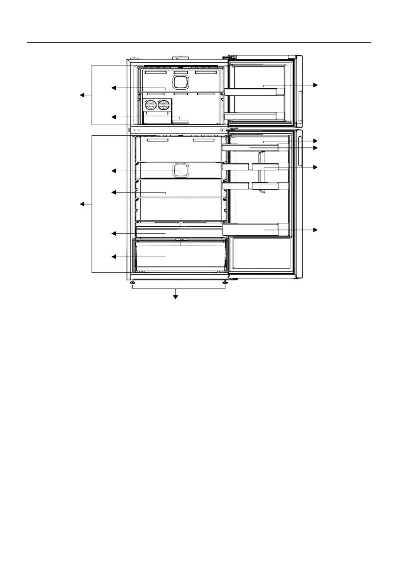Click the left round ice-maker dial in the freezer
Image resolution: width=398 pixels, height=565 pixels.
[x=152, y=105]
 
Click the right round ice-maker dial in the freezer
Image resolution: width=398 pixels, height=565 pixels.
[x=164, y=105]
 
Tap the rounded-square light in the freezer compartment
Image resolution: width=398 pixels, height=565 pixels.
[x=180, y=82]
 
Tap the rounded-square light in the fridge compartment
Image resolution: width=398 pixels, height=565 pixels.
[x=180, y=170]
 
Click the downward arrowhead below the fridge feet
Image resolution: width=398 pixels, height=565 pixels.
[x=176, y=297]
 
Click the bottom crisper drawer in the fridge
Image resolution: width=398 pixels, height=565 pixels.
[x=180, y=256]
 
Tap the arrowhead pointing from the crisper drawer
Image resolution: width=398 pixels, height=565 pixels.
[x=113, y=257]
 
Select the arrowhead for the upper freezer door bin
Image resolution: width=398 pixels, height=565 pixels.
[x=315, y=85]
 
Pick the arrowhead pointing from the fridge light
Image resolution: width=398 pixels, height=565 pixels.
[x=113, y=171]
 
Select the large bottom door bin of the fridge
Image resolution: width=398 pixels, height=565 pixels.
[x=256, y=230]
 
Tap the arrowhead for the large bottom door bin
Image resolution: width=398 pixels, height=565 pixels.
[x=315, y=230]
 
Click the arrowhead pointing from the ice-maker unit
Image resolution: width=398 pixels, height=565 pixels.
[x=113, y=117]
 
